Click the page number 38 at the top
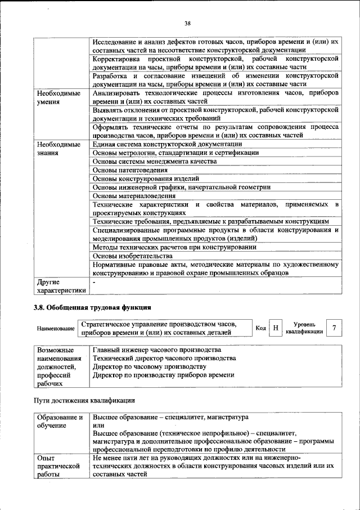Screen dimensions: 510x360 coord(187,23)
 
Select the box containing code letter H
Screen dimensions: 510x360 coord(275,328)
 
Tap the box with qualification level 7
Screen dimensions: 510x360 coord(335,328)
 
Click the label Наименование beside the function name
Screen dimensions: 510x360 coord(56,328)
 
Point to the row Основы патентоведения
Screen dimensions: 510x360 coord(130,170)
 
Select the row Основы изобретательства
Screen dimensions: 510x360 coord(132,256)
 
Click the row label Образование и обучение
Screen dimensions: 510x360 coord(60,422)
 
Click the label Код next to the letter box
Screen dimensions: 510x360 coord(260,328)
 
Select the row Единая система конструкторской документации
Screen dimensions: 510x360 coord(167,145)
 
